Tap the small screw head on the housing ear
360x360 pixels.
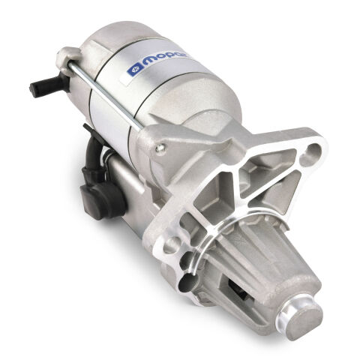159,148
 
